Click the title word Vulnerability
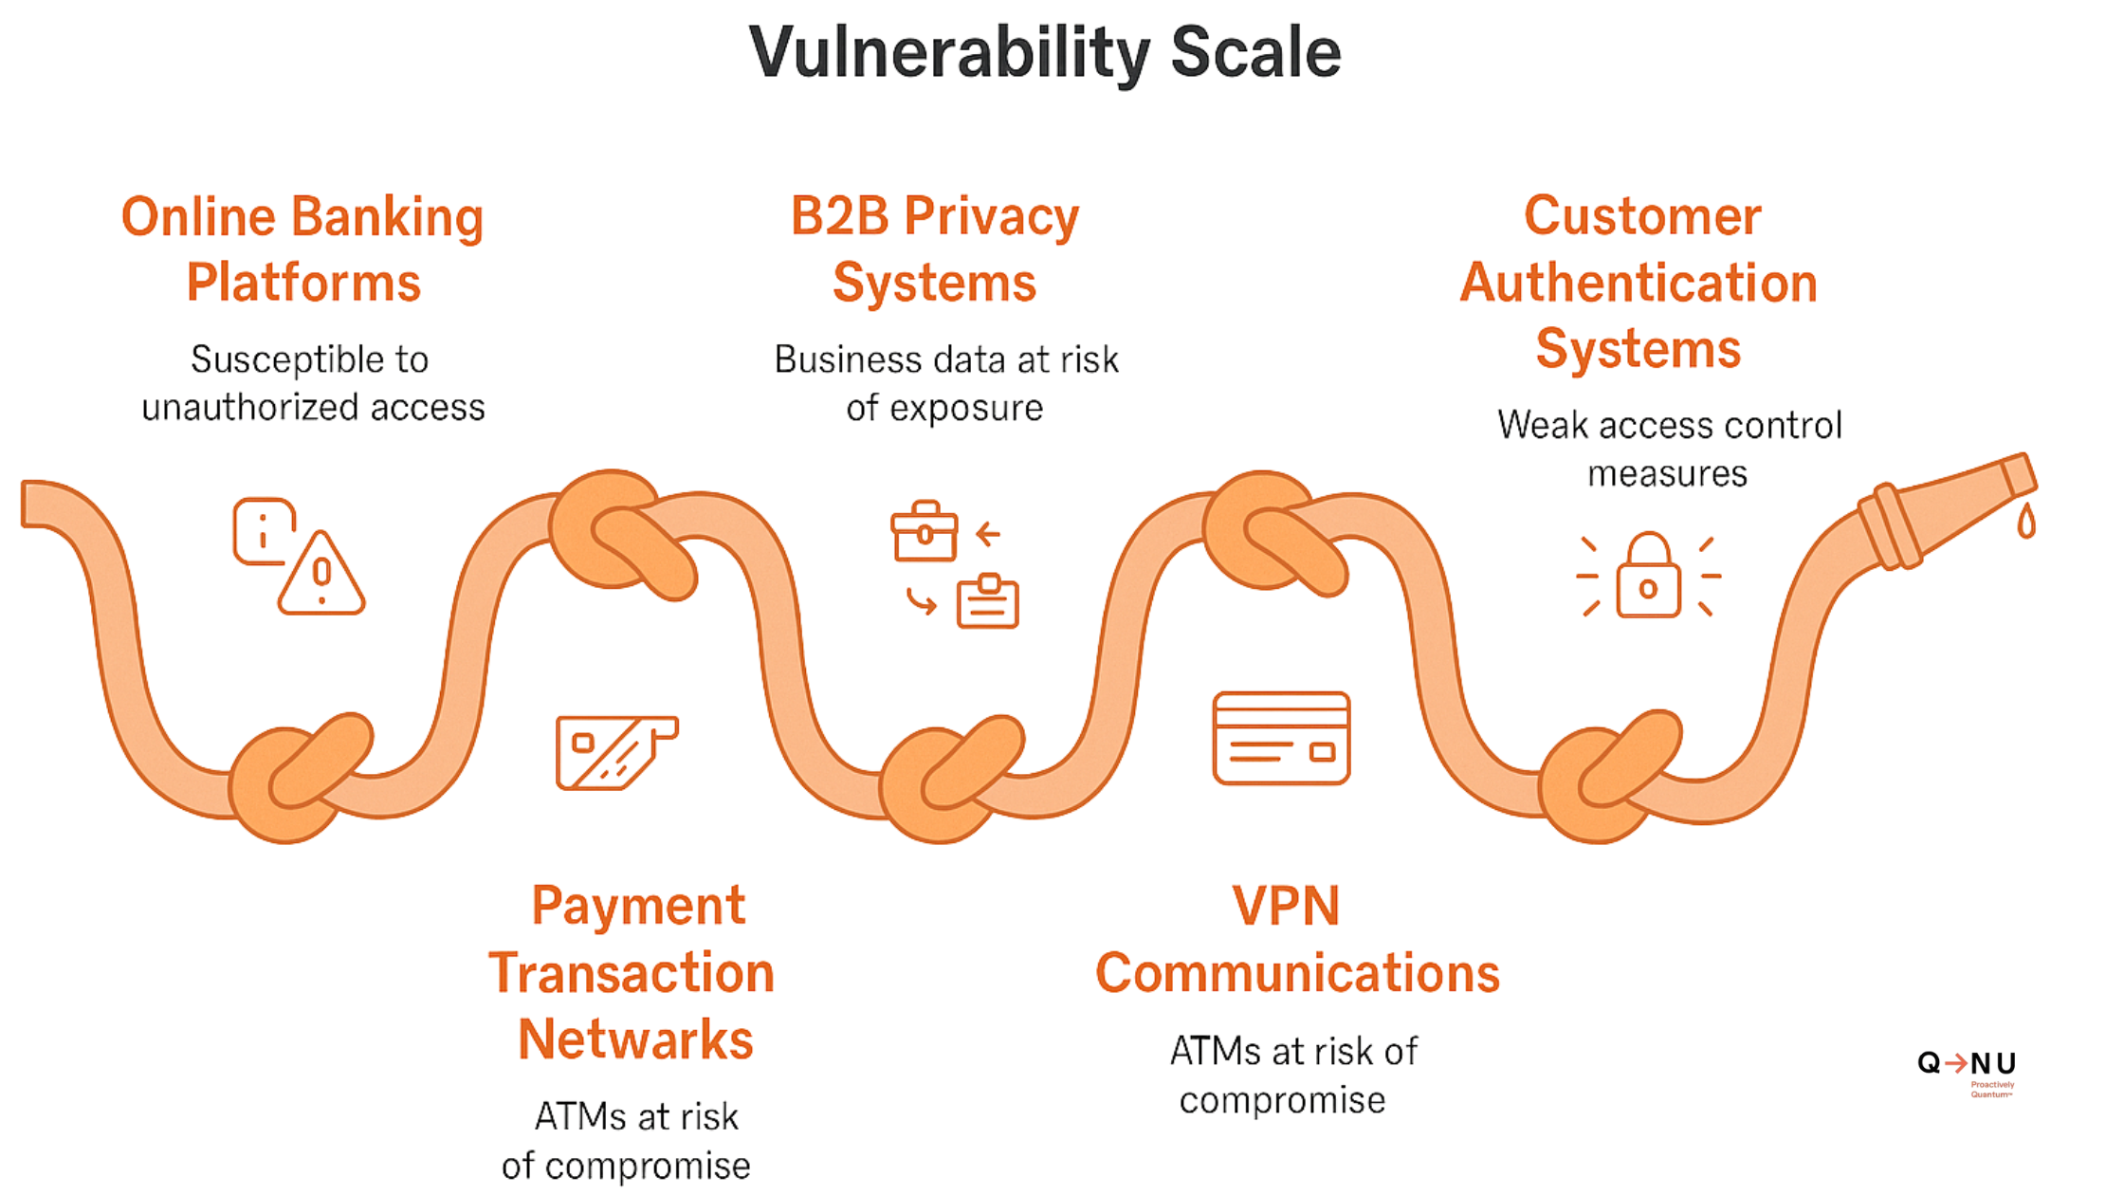[949, 53]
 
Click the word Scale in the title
[1255, 53]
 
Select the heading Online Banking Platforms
[302, 249]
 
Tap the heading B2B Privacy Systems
[935, 249]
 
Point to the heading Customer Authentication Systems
[1639, 283]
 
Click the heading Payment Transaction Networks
[632, 972]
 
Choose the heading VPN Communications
[1296, 939]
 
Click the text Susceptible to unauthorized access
[312, 383]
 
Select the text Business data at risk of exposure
[945, 383]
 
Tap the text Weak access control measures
[1669, 449]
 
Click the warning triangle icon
[321, 575]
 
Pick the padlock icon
[1648, 577]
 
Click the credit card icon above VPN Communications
[1281, 738]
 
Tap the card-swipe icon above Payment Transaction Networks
[615, 752]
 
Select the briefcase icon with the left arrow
[925, 532]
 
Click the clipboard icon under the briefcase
[987, 601]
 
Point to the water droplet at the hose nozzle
[2026, 522]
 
